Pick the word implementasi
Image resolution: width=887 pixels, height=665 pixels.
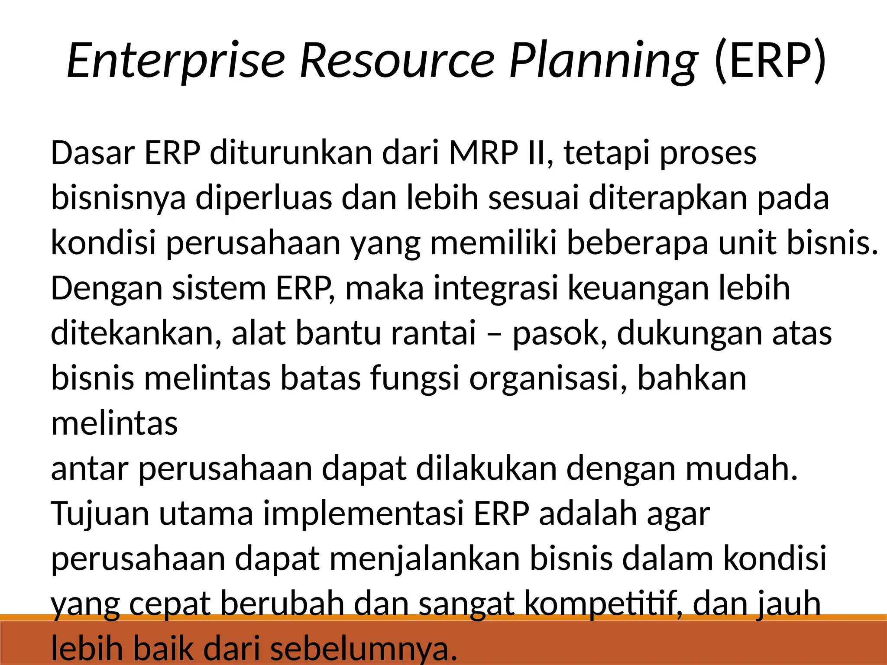[x=363, y=514]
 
